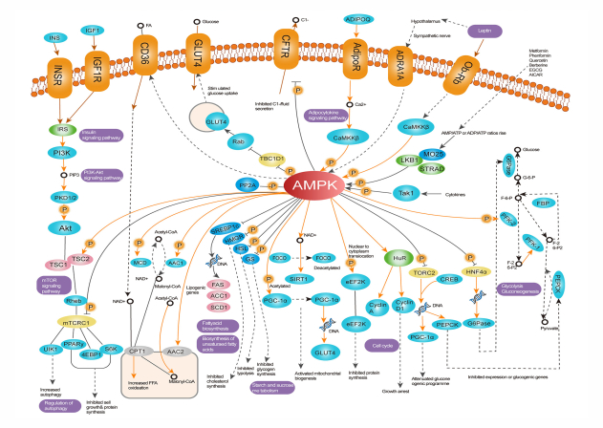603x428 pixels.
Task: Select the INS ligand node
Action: (x=54, y=37)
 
